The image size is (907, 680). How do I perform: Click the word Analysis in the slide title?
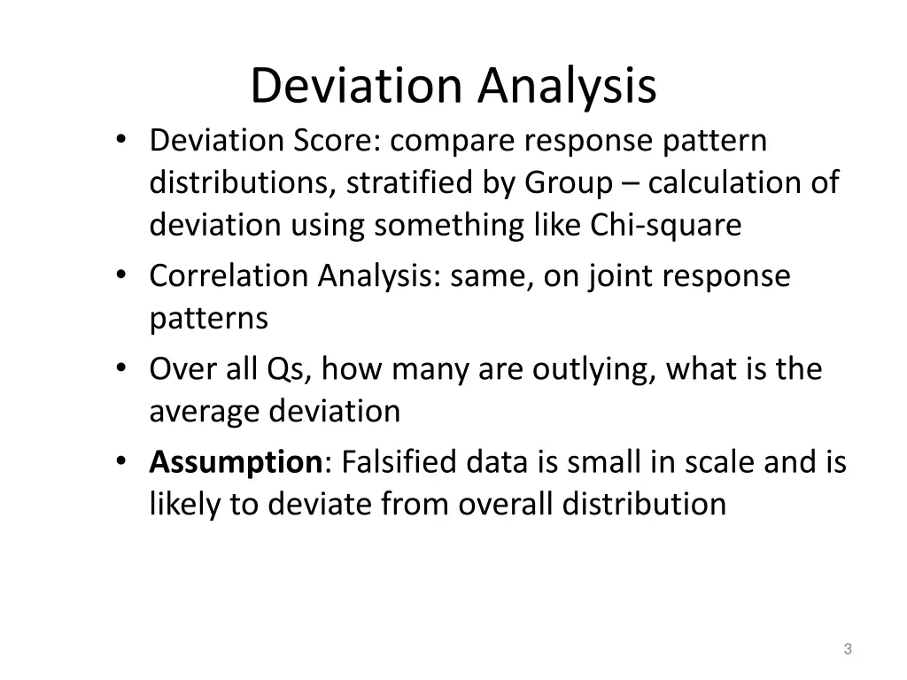pyautogui.click(x=569, y=86)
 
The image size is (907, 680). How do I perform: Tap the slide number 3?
pyautogui.click(x=848, y=649)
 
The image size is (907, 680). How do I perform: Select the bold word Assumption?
pyautogui.click(x=236, y=462)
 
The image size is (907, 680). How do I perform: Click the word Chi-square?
pyautogui.click(x=665, y=226)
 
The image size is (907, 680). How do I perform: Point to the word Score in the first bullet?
pyautogui.click(x=333, y=141)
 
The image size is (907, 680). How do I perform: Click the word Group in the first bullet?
pyautogui.click(x=568, y=183)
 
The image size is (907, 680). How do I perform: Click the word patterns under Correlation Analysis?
pyautogui.click(x=208, y=318)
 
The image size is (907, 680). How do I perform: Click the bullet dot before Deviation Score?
pyautogui.click(x=120, y=142)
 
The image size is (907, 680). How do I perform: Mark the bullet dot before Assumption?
pyautogui.click(x=120, y=463)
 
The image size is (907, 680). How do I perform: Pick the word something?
pyautogui.click(x=450, y=226)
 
